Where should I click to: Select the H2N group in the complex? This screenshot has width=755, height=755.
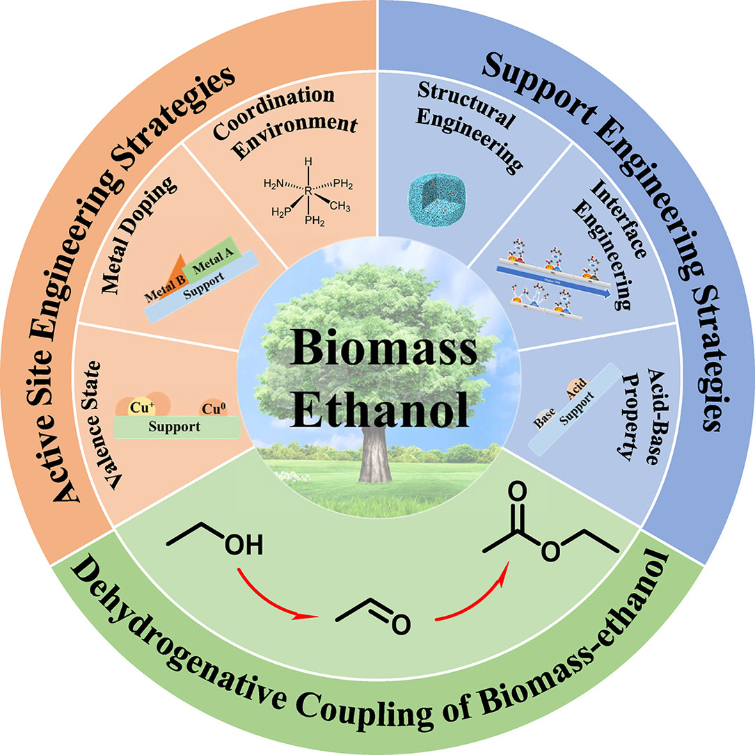(276, 184)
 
